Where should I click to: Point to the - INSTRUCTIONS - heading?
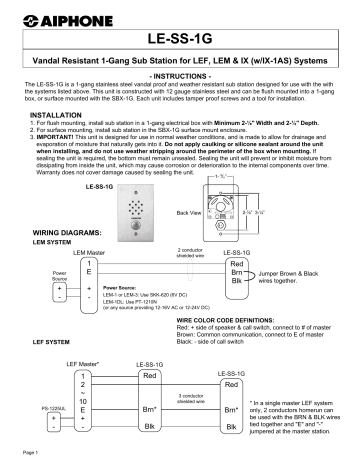pos(179,75)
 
